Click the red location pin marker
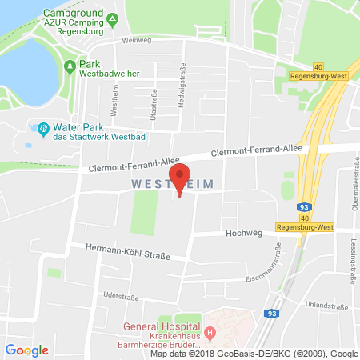point(181,177)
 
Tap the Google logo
point(26,350)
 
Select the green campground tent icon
point(112,18)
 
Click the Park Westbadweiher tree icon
point(70,67)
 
